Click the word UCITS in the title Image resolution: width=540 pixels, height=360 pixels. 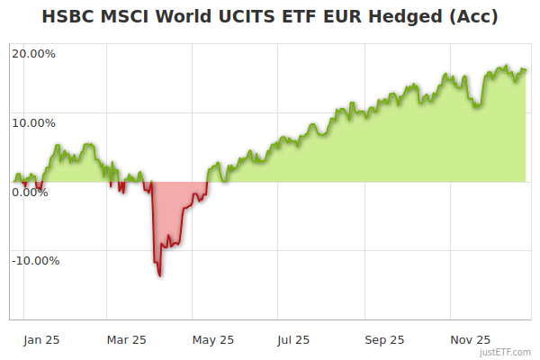(246, 17)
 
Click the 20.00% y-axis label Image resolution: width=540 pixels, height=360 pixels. (33, 53)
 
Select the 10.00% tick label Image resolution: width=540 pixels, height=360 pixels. (33, 122)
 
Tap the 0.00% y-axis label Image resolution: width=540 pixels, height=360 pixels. (29, 192)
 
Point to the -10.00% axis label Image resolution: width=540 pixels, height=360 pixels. (35, 261)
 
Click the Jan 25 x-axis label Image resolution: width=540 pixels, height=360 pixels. (42, 339)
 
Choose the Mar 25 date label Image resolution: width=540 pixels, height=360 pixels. (126, 339)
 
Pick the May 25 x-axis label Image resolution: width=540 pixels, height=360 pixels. (213, 339)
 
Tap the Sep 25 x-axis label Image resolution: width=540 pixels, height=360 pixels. (384, 339)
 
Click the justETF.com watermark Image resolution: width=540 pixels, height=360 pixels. (505, 353)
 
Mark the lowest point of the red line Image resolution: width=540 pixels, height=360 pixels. (159, 275)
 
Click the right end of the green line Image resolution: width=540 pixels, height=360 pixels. (526, 70)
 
